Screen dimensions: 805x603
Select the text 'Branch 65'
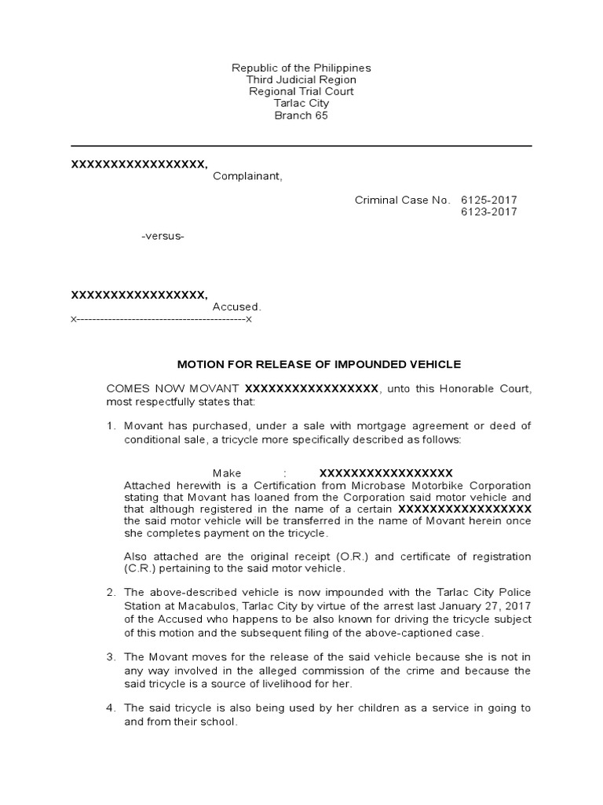tap(301, 116)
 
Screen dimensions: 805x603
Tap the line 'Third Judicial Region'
tap(301, 80)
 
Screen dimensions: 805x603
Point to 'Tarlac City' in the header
tap(301, 104)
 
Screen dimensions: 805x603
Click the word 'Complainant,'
tap(247, 176)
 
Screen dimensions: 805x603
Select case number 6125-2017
tap(489, 200)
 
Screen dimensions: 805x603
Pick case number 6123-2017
tap(489, 212)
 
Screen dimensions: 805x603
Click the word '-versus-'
tap(163, 237)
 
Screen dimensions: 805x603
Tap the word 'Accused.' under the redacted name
tap(236, 307)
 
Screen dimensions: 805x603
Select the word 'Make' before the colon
tap(225, 473)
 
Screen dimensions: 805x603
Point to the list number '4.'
tap(111, 708)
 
